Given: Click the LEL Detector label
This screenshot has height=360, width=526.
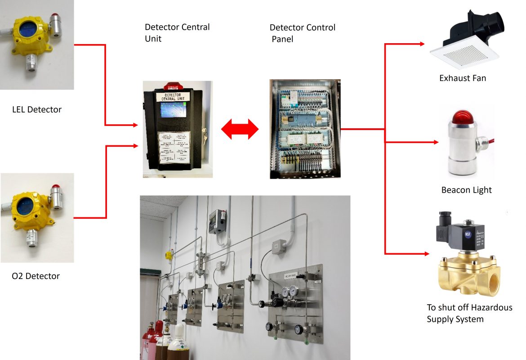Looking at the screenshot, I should pyautogui.click(x=36, y=109).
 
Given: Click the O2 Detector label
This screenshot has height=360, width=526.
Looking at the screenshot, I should pyautogui.click(x=36, y=276).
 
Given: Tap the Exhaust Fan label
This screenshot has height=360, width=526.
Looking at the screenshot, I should pyautogui.click(x=463, y=78).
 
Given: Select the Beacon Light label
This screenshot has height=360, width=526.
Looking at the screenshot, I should pyautogui.click(x=466, y=190).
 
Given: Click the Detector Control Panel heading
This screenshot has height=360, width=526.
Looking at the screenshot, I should pyautogui.click(x=302, y=33).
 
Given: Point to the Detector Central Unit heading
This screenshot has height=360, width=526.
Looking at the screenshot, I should pyautogui.click(x=177, y=33).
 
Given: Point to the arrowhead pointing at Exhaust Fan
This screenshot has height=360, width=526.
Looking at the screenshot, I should pyautogui.click(x=422, y=44).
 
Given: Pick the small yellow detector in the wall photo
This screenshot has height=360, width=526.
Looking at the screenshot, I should pyautogui.click(x=169, y=255).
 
